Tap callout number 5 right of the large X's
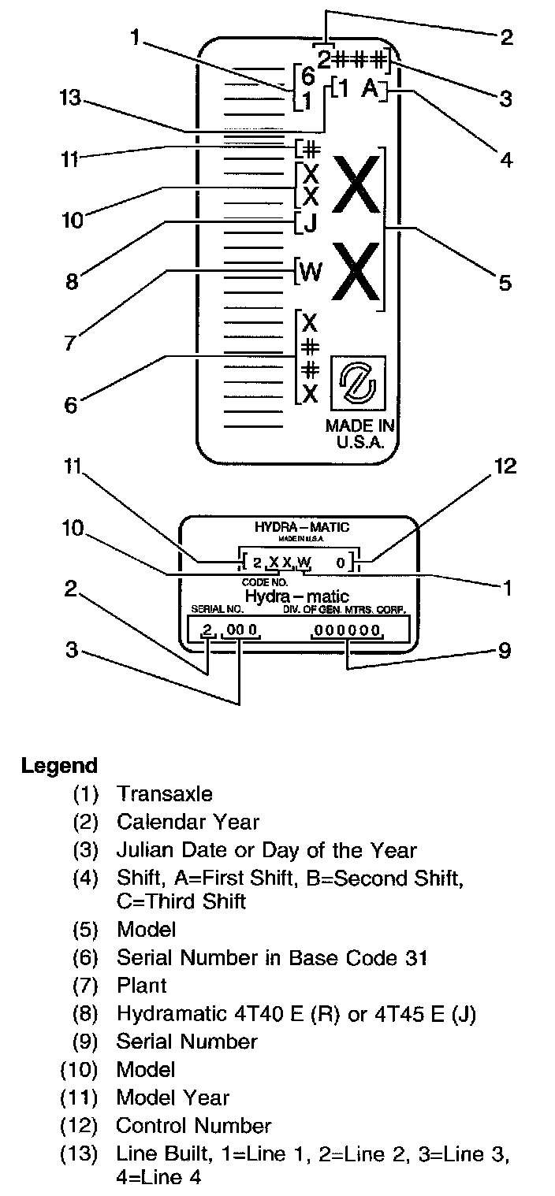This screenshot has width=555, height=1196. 505,281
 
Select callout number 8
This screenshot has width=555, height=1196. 73,281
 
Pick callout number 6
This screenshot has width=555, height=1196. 71,405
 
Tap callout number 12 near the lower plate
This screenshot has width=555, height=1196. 505,466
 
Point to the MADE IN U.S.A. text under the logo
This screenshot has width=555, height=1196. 360,433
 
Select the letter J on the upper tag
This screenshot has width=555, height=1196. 310,224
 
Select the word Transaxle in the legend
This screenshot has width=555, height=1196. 164,793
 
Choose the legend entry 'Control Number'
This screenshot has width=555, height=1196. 193,1125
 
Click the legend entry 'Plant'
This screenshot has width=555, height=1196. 142,985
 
